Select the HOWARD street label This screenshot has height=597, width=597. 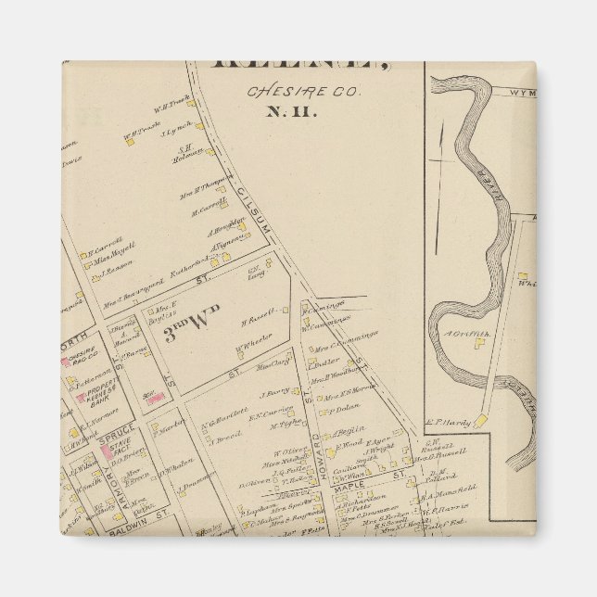[315, 449]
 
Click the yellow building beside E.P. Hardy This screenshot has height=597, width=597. [482, 421]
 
